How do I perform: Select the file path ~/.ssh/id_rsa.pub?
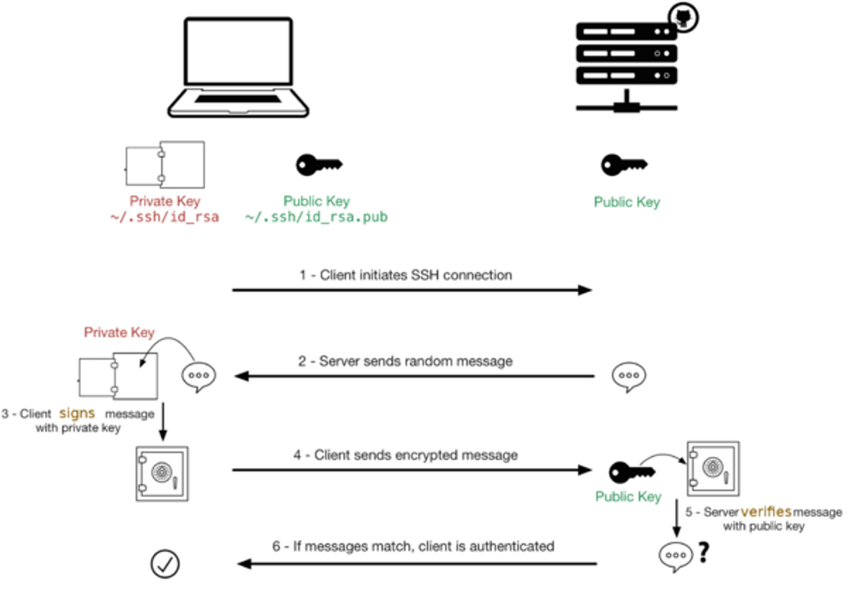tap(316, 218)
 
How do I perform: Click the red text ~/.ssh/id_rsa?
tap(164, 218)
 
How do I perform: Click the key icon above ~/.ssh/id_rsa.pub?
tap(319, 164)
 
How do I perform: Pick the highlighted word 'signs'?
tap(77, 413)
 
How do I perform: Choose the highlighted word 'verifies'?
tap(766, 511)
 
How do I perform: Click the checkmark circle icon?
tap(165, 563)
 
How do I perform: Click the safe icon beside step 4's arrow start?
tap(162, 473)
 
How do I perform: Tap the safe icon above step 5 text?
tap(712, 468)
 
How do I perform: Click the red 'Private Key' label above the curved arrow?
tap(119, 332)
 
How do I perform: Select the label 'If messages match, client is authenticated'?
tap(413, 546)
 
